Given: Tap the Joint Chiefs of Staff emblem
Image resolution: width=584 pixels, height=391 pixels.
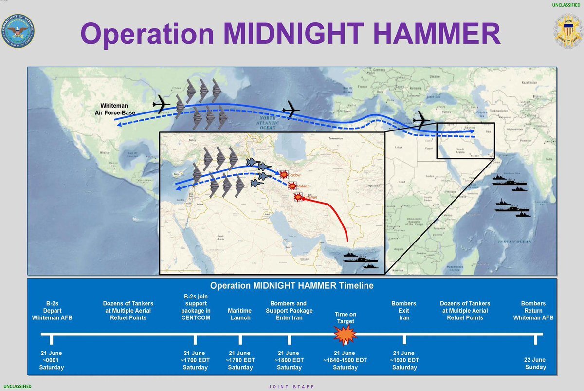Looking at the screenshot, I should [x=568, y=31].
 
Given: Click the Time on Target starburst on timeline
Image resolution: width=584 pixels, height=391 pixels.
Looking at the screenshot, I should [x=345, y=335].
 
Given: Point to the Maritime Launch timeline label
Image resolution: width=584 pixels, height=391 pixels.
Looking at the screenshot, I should [x=240, y=314].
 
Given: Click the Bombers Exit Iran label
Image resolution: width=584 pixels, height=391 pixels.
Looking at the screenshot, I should [x=404, y=311].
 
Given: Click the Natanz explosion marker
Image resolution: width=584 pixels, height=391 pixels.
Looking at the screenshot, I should [x=292, y=186].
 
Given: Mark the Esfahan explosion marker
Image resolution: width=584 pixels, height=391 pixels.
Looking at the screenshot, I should [x=298, y=197].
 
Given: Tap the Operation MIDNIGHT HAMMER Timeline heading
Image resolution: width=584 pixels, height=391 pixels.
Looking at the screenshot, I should [x=292, y=286].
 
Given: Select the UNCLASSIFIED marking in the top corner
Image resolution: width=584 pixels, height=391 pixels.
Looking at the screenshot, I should [x=566, y=5].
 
